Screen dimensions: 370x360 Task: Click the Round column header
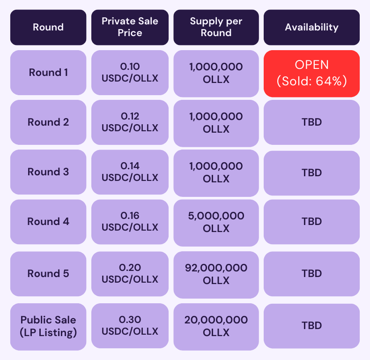[x=48, y=27]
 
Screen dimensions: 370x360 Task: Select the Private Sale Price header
[x=130, y=27]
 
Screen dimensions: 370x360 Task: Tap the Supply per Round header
[x=216, y=27]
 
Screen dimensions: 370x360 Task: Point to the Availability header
[x=312, y=27]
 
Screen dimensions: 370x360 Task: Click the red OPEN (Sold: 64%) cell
[x=312, y=74]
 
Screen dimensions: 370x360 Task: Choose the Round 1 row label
[x=48, y=73]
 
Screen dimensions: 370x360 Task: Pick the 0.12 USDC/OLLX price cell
[x=130, y=122]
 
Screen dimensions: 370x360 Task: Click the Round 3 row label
[x=48, y=172]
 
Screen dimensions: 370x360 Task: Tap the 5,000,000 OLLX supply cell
[x=216, y=223]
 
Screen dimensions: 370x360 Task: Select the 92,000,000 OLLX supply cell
[x=216, y=275]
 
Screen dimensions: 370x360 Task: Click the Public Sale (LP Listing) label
[x=48, y=327]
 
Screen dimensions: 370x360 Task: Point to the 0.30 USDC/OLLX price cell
[x=130, y=326]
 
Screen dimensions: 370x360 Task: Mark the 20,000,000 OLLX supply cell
[x=216, y=327]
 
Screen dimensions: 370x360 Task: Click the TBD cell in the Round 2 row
[x=312, y=122]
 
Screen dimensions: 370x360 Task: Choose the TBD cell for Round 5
[x=312, y=274]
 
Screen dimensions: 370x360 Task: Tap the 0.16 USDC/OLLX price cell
[x=130, y=222]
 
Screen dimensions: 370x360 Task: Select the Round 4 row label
[x=48, y=222]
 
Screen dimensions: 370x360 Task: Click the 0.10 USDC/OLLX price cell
[x=130, y=73]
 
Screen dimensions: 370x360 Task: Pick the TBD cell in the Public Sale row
[x=312, y=326]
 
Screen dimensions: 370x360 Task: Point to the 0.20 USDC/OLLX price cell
[x=130, y=274]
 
